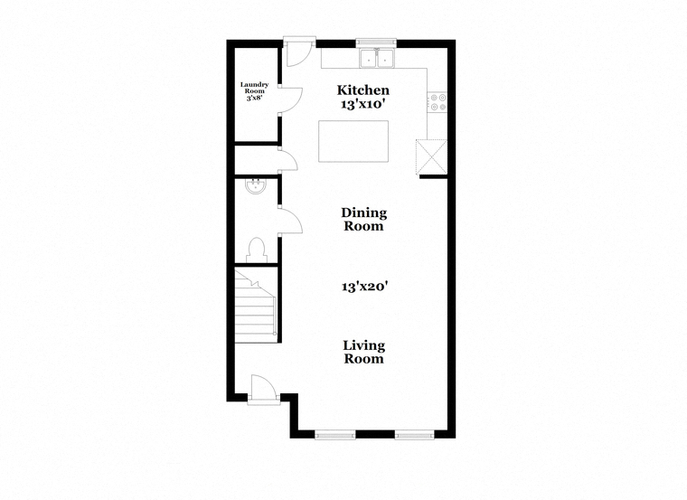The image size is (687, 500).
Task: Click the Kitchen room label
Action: pos(362,90)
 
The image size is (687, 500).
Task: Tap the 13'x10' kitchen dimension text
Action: pos(362,104)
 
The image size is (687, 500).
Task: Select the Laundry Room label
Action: pos(254,88)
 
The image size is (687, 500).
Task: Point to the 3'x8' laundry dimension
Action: pos(254,98)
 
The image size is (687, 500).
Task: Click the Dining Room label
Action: pos(364,219)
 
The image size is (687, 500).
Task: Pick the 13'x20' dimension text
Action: pos(364,287)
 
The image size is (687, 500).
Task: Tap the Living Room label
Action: pos(363,352)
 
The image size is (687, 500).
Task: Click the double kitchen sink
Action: pos(376,58)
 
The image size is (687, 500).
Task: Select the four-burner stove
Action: pos(438,101)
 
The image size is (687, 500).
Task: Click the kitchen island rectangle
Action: pos(353,141)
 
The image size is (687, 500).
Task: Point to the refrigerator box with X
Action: pos(431,157)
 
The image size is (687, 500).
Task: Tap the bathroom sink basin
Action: pos(256,186)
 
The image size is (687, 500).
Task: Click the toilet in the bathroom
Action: pos(256,250)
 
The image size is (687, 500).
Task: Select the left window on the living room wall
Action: pos(335,435)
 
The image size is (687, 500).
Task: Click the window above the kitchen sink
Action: pos(376,42)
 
